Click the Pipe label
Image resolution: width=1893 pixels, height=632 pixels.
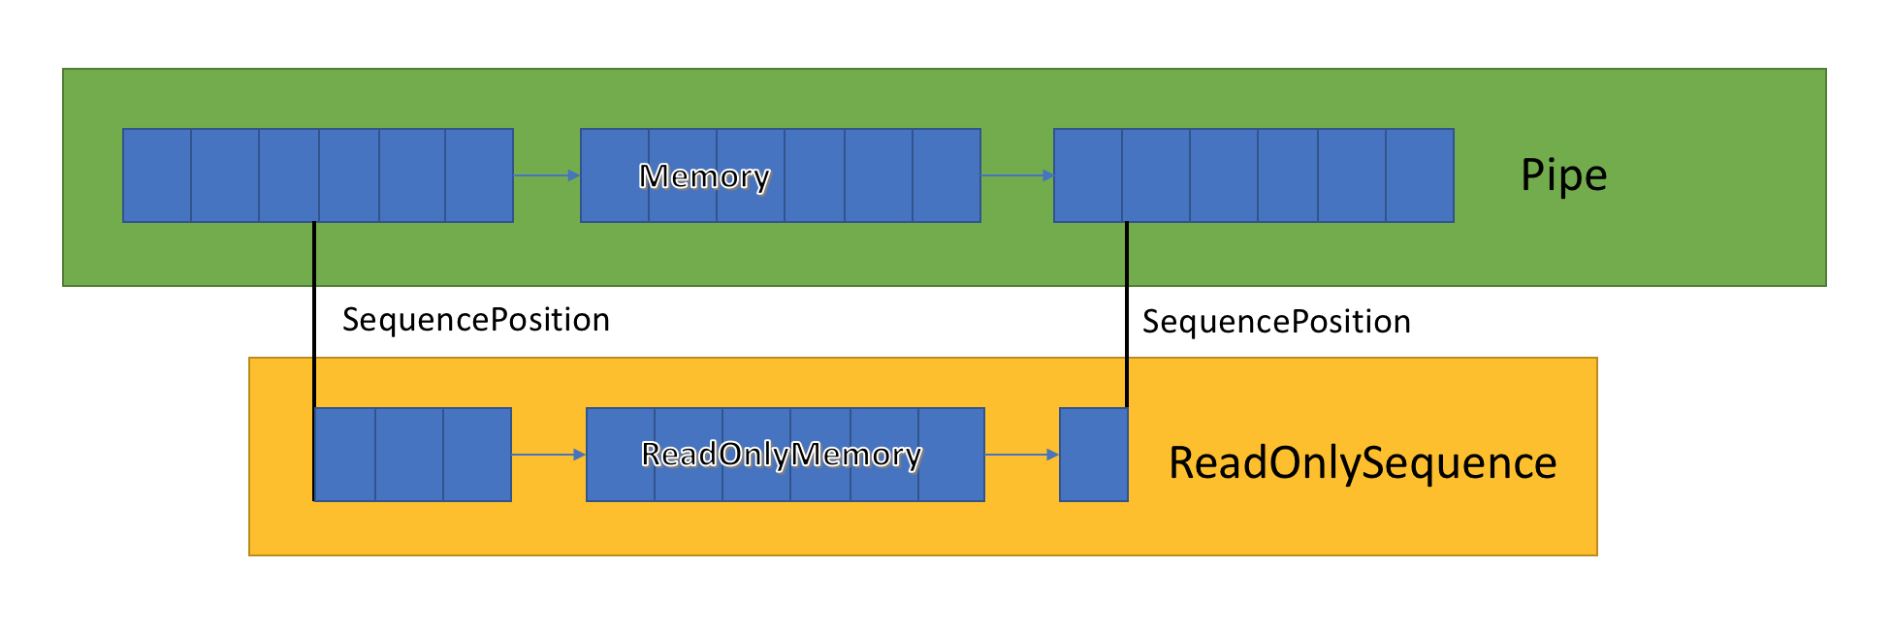pyautogui.click(x=1563, y=175)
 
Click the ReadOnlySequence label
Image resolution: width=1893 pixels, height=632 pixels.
pyautogui.click(x=1362, y=462)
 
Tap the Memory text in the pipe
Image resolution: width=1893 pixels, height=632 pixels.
pyautogui.click(x=704, y=176)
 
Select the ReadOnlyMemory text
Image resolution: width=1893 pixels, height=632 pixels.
pyautogui.click(x=781, y=454)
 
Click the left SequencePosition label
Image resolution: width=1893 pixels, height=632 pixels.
pyautogui.click(x=475, y=320)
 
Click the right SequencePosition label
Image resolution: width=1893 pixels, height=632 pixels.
pyautogui.click(x=1275, y=322)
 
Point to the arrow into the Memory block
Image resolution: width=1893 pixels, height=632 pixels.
pyautogui.click(x=546, y=175)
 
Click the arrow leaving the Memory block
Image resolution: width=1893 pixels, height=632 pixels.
pyautogui.click(x=1016, y=175)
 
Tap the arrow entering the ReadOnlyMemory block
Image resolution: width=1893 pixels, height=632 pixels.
pyautogui.click(x=548, y=455)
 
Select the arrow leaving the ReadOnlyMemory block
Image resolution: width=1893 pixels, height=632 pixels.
pyautogui.click(x=1021, y=455)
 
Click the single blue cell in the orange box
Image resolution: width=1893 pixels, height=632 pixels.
pyautogui.click(x=1093, y=455)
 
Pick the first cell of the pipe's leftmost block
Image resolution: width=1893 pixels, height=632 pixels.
pyautogui.click(x=157, y=175)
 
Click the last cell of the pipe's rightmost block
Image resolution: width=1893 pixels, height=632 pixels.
pyautogui.click(x=1419, y=175)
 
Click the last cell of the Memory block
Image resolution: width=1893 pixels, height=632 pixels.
pyautogui.click(x=946, y=175)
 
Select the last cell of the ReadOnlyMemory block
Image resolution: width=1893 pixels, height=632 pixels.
pyautogui.click(x=950, y=455)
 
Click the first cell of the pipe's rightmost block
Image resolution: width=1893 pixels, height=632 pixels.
pyautogui.click(x=1088, y=175)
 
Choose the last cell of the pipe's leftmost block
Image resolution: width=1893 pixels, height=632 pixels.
pyautogui.click(x=478, y=175)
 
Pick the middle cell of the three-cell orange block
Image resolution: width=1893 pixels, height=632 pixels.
pyautogui.click(x=409, y=455)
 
